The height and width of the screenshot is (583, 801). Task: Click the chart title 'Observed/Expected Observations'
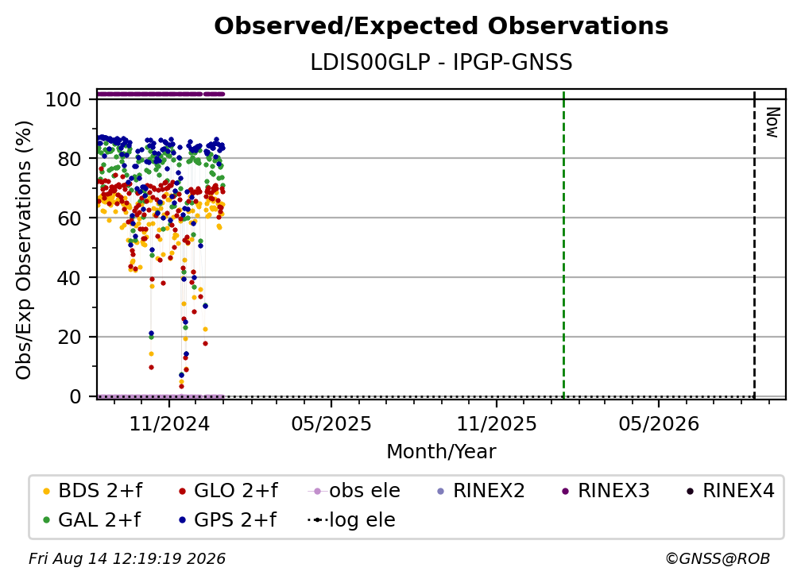click(441, 26)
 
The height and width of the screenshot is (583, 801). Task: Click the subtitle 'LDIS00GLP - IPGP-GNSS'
click(441, 62)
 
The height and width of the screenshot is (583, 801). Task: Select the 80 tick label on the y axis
click(69, 159)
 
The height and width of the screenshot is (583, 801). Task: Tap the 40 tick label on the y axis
click(69, 278)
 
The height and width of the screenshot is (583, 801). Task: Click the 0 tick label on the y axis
click(75, 396)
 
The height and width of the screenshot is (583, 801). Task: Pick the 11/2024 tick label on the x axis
click(169, 423)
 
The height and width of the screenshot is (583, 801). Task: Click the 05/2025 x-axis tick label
click(331, 423)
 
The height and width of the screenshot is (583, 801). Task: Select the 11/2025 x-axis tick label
click(497, 423)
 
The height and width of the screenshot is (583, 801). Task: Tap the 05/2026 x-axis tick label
click(659, 423)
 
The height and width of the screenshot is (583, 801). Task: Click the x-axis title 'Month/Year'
click(441, 451)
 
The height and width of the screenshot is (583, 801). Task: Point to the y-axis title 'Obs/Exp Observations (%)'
click(24, 249)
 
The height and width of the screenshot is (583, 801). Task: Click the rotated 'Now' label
click(772, 122)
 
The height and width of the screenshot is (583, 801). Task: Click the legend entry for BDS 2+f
click(92, 491)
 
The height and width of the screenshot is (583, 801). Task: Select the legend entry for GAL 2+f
click(91, 519)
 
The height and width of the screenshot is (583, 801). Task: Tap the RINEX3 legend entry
click(606, 491)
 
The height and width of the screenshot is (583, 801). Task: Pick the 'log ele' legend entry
click(351, 519)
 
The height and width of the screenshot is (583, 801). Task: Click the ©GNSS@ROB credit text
click(718, 558)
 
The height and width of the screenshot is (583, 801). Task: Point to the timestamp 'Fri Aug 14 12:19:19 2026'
click(126, 558)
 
